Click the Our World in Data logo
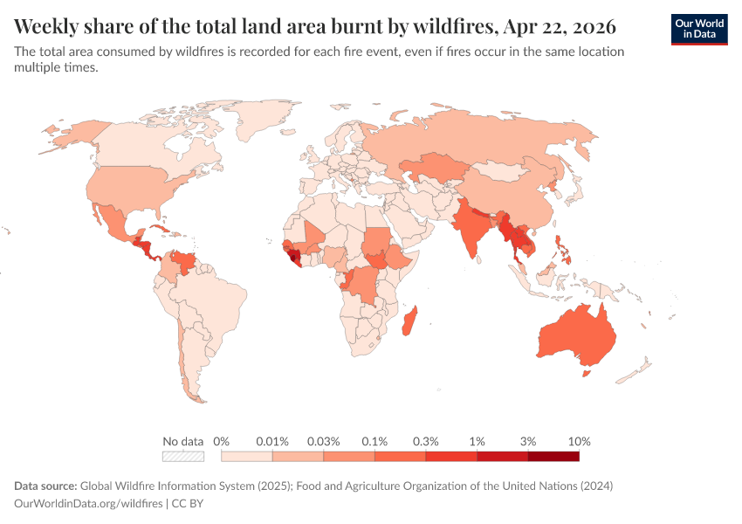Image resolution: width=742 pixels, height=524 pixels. [x=698, y=29]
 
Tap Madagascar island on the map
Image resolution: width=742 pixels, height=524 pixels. [x=409, y=321]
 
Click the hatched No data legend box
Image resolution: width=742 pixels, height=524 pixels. [x=183, y=456]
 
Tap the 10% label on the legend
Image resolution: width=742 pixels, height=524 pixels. [x=579, y=441]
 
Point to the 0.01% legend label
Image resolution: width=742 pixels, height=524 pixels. [x=272, y=441]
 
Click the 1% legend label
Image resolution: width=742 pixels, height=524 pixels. [x=477, y=441]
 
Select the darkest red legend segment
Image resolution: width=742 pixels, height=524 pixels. [x=553, y=456]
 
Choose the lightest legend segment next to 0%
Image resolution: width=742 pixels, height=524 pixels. [x=247, y=456]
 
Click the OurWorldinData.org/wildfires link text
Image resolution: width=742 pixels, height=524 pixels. [x=88, y=503]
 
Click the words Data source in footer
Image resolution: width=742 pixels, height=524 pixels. [x=45, y=486]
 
